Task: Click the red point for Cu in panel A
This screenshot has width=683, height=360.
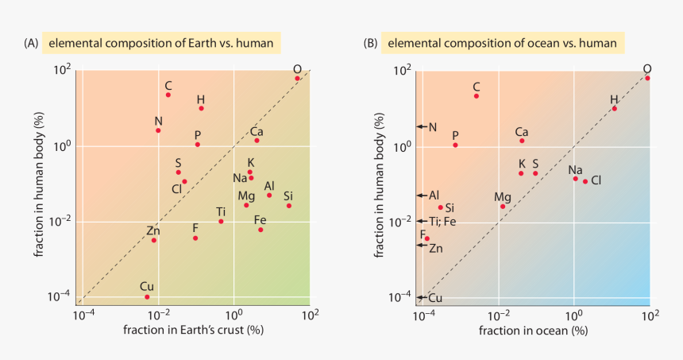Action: point(147,296)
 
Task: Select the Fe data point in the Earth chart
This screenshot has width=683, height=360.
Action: point(260,230)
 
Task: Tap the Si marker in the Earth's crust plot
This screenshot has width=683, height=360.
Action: point(289,206)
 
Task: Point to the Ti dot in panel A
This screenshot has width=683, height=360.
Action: point(221,221)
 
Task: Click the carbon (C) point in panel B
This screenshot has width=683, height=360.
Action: point(477,96)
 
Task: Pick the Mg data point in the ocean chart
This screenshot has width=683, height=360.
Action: point(503,207)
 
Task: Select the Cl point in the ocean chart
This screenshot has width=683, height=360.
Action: point(585,181)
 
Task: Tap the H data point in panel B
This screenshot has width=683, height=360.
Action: point(614,108)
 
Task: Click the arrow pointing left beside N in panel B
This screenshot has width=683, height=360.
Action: point(421,126)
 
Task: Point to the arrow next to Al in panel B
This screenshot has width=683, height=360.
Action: point(421,195)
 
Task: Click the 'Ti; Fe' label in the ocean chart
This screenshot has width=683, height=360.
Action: point(442,221)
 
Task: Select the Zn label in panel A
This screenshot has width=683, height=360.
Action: point(153,230)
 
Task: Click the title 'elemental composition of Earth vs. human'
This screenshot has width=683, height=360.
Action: point(161,43)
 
